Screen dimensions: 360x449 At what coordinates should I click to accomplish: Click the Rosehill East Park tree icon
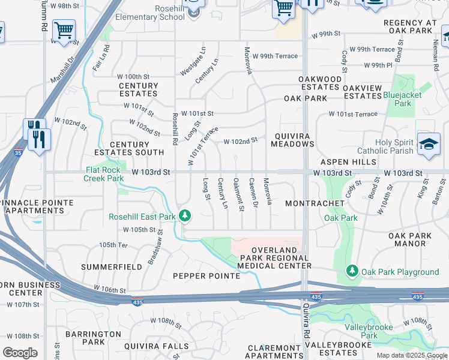pos(185,215)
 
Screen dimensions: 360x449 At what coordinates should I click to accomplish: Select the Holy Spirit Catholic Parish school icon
pos(428,145)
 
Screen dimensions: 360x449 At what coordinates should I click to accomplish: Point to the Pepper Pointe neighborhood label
pos(206,276)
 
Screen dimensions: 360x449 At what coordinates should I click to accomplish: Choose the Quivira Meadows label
pos(292,140)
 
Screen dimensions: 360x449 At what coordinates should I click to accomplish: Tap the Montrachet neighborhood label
pos(315,204)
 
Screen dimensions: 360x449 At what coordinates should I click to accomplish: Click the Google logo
pos(20,353)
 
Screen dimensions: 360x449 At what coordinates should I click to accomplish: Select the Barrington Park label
pos(85,337)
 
